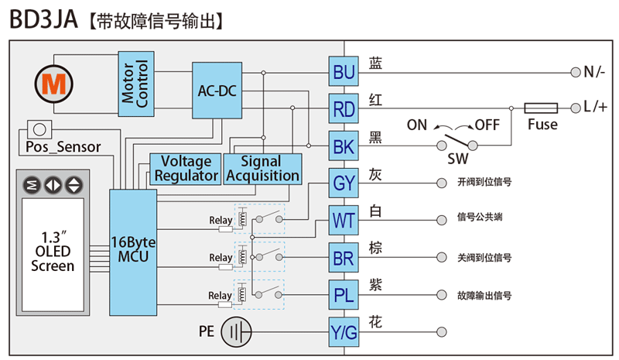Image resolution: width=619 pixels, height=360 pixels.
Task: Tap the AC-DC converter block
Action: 216,91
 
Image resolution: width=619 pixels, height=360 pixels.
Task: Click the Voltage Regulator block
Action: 186,169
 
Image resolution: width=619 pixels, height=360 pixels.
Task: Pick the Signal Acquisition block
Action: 262,169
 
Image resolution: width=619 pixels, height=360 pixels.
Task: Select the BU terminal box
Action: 343,72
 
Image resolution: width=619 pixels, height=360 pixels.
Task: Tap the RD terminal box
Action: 343,109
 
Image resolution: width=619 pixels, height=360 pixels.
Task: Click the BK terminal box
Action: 343,146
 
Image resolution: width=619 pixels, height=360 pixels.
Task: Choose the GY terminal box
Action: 343,183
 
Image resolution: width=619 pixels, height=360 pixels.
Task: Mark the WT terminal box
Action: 343,221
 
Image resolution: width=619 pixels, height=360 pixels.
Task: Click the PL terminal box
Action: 343,295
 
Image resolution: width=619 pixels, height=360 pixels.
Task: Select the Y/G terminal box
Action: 343,333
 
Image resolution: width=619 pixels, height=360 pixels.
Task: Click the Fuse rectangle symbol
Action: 542,108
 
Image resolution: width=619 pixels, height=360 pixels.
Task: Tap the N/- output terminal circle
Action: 575,72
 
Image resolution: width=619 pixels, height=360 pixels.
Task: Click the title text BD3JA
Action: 43,19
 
